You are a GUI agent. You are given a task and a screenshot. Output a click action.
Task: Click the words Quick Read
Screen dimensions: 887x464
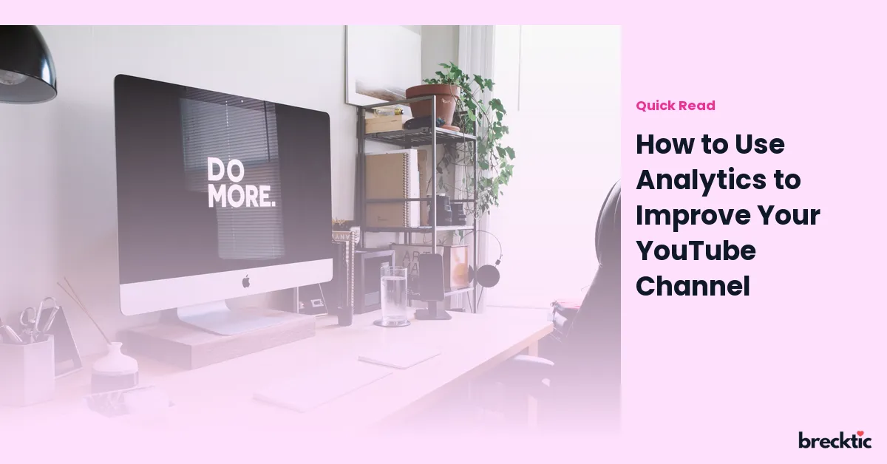(676, 106)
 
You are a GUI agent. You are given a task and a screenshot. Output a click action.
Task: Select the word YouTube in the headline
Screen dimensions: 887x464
(696, 251)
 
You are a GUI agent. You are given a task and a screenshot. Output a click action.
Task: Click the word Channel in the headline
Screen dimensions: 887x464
(693, 286)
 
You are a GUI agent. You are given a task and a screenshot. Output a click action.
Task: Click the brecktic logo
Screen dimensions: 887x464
(835, 440)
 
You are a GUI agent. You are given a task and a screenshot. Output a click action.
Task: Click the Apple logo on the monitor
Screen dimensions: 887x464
(246, 281)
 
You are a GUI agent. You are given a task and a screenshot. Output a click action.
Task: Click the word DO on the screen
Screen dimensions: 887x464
(225, 170)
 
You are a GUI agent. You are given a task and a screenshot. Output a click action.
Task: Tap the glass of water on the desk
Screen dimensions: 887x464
(393, 296)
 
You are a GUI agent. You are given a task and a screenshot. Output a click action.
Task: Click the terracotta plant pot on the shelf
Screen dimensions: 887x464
(434, 103)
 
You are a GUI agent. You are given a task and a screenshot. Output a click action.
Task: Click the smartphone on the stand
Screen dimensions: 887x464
(431, 277)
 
